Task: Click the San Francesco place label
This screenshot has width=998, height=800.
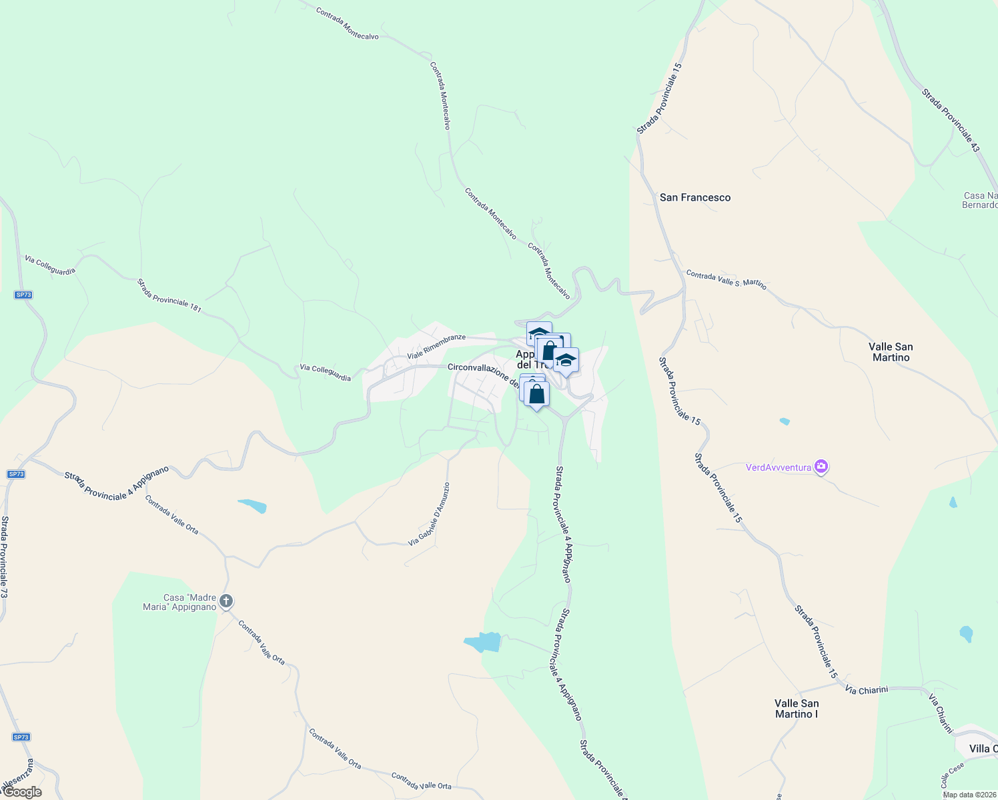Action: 695,197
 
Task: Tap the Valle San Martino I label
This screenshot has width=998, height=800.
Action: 797,709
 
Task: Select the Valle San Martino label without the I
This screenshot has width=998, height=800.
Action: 891,352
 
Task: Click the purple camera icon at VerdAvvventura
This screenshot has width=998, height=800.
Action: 822,467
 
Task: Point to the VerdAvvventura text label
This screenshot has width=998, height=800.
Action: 779,467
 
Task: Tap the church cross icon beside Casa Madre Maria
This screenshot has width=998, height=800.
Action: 226,602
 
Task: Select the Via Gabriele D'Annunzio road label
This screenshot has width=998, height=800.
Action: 429,515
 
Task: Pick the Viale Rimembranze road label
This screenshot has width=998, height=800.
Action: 436,346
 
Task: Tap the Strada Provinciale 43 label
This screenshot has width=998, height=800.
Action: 950,119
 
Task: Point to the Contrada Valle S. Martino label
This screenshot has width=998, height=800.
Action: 726,279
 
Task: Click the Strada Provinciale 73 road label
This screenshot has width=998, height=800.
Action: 5,557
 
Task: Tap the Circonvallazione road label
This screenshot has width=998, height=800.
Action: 482,373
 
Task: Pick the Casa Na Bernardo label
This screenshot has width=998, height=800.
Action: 980,200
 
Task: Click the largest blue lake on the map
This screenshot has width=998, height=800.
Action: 482,641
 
